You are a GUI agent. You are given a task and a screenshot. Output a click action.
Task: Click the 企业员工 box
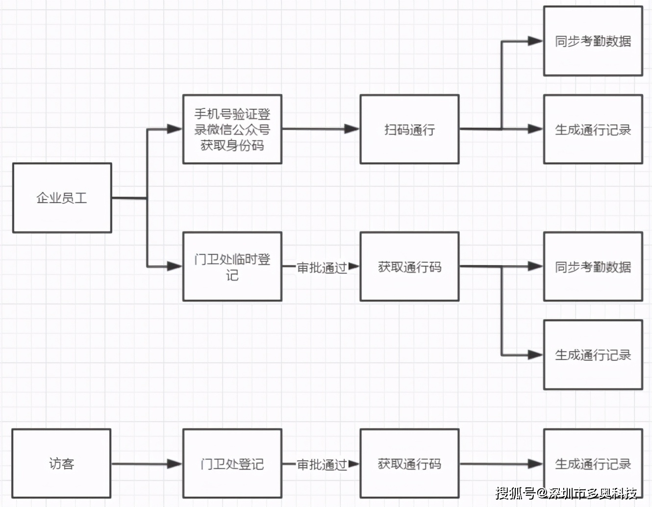(x=62, y=198)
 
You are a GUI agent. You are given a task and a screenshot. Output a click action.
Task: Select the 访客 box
(x=61, y=463)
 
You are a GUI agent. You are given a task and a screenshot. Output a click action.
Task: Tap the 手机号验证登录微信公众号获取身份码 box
(x=232, y=129)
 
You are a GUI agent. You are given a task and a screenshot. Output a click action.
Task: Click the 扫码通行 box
(x=409, y=129)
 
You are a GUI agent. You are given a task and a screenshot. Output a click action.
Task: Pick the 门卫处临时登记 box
(x=232, y=266)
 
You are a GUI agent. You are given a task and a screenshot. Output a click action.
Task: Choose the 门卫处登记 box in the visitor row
(x=232, y=463)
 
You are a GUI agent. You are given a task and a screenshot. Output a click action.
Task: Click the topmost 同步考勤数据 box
(x=593, y=41)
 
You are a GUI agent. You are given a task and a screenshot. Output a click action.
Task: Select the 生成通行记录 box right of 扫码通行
(x=593, y=129)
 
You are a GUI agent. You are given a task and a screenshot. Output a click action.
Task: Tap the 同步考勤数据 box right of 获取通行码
(x=593, y=266)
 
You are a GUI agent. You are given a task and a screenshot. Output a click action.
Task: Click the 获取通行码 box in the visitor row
(x=409, y=463)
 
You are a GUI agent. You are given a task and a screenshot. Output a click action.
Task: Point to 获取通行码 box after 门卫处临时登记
(x=409, y=266)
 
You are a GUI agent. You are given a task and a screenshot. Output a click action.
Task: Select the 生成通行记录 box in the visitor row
(x=593, y=463)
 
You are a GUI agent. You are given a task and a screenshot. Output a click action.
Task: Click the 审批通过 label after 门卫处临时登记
(x=322, y=267)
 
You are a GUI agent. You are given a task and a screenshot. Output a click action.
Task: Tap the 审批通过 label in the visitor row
(x=322, y=464)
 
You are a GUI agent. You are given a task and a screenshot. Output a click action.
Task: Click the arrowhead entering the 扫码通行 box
(x=352, y=129)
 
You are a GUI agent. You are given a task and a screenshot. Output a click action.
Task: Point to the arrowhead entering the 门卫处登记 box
(x=175, y=463)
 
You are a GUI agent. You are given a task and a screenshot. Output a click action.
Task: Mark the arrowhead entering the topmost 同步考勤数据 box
(x=535, y=41)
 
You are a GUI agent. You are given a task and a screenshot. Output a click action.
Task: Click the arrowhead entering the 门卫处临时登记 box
(x=175, y=266)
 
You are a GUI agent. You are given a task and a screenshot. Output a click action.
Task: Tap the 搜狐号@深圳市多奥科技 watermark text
(x=566, y=492)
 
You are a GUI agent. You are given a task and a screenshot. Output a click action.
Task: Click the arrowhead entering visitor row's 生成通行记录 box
(x=535, y=463)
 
